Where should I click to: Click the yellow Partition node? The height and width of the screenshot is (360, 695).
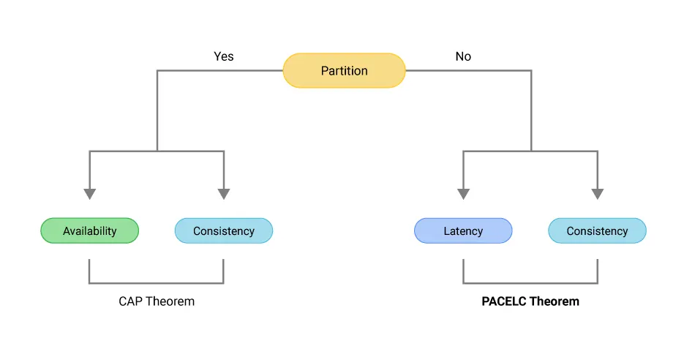pyautogui.click(x=344, y=71)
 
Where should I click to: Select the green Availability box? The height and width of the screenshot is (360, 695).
pyautogui.click(x=89, y=231)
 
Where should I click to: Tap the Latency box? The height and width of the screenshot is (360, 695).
pyautogui.click(x=463, y=231)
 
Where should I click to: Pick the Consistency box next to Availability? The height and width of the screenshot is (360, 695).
pyautogui.click(x=223, y=231)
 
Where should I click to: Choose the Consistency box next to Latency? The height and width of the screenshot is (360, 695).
pyautogui.click(x=597, y=231)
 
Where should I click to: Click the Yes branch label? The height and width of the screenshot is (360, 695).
pyautogui.click(x=224, y=56)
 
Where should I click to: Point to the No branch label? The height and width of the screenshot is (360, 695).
pyautogui.click(x=463, y=56)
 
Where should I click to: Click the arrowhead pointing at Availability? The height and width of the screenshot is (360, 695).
pyautogui.click(x=89, y=194)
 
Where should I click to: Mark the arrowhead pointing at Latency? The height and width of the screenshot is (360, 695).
pyautogui.click(x=463, y=194)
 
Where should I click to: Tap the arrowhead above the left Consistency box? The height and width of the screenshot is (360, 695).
pyautogui.click(x=223, y=194)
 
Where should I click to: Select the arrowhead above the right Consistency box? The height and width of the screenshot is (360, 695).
pyautogui.click(x=597, y=194)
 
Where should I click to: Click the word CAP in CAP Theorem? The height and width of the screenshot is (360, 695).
pyautogui.click(x=131, y=301)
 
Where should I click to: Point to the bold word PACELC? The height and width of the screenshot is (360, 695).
pyautogui.click(x=503, y=301)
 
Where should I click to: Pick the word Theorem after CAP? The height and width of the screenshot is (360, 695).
pyautogui.click(x=170, y=301)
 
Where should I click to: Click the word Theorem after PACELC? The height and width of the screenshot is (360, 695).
pyautogui.click(x=555, y=301)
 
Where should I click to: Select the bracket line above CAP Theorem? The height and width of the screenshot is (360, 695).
pyautogui.click(x=156, y=282)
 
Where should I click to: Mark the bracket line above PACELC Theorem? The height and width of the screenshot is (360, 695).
pyautogui.click(x=530, y=282)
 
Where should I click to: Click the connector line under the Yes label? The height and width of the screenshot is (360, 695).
pyautogui.click(x=219, y=71)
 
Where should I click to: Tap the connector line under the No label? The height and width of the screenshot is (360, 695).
pyautogui.click(x=468, y=71)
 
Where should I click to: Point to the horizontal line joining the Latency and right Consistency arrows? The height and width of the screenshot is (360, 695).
pyautogui.click(x=530, y=151)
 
